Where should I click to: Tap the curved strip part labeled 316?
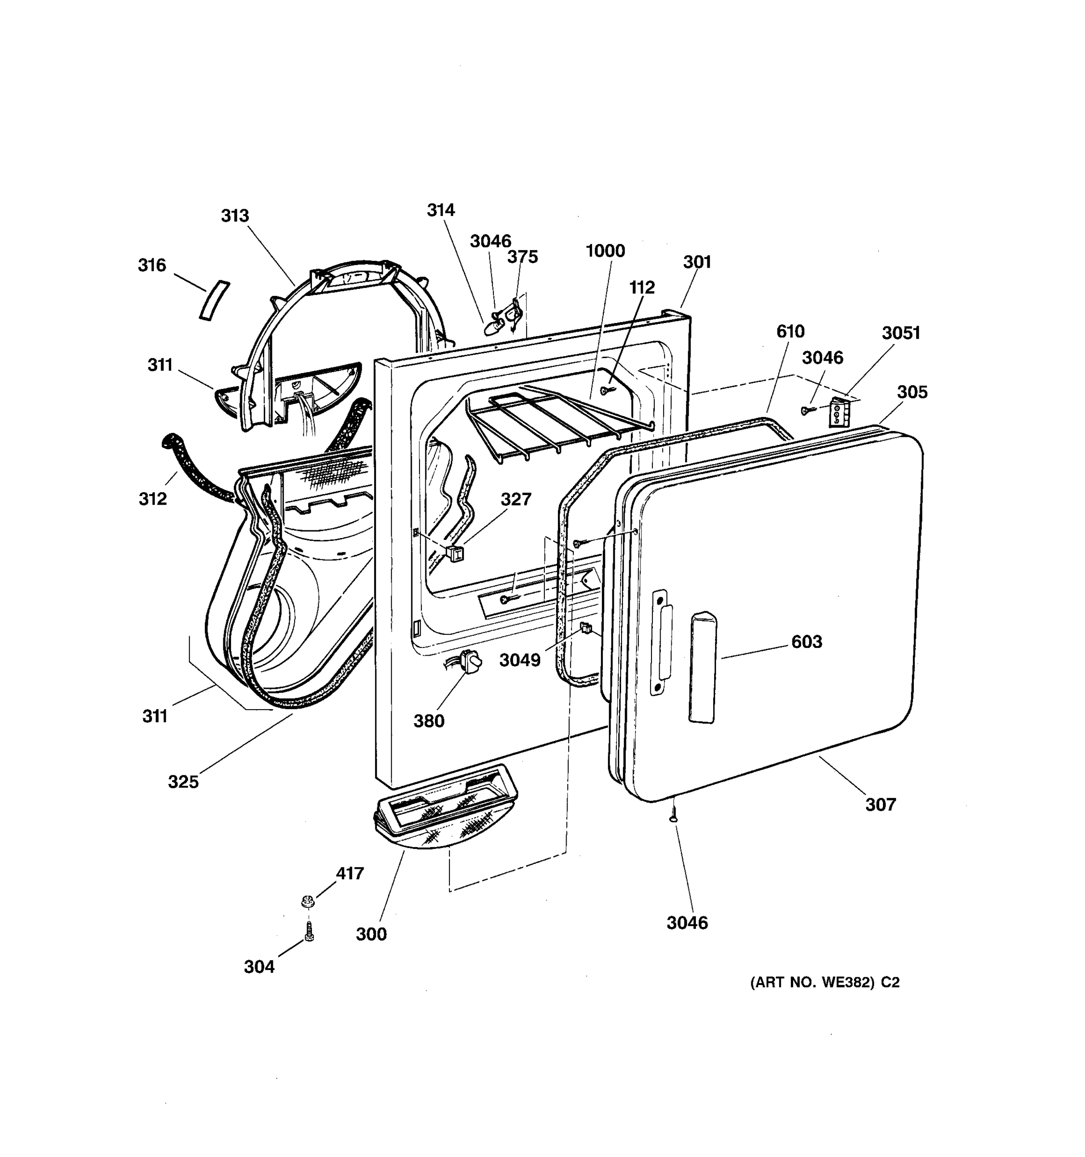[214, 300]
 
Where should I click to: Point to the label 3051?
[900, 333]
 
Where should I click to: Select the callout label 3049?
[520, 660]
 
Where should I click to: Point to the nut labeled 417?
[307, 901]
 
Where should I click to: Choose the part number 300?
[371, 934]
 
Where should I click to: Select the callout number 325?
[183, 781]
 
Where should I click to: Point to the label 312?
[152, 499]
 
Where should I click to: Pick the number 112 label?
[641, 287]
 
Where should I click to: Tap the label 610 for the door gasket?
[790, 332]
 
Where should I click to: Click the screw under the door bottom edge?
[674, 812]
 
